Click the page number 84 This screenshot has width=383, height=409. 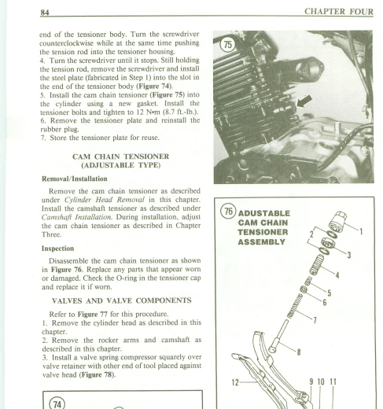point(45,12)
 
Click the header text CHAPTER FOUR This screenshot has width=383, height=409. point(339,12)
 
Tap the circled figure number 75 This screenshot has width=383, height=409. point(227,45)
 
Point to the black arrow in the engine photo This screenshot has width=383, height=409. point(304,101)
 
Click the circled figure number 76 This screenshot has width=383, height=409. point(229,212)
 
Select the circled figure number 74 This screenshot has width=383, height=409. point(57,403)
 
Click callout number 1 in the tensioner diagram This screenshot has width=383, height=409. point(361,232)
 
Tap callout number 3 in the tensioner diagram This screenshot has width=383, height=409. point(349,255)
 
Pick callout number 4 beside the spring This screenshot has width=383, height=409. point(337,275)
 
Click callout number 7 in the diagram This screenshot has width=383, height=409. point(315,320)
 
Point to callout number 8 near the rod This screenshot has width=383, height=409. point(299,352)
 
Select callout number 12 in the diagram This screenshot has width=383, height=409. point(235,382)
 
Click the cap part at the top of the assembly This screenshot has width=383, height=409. point(337,221)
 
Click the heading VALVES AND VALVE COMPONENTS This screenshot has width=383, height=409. point(122,300)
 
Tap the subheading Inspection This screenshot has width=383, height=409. point(57,249)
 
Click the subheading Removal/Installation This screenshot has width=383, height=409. point(75,179)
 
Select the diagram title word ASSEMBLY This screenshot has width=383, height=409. point(261,241)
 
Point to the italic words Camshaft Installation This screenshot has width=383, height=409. point(76,217)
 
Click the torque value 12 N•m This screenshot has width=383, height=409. point(148,112)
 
